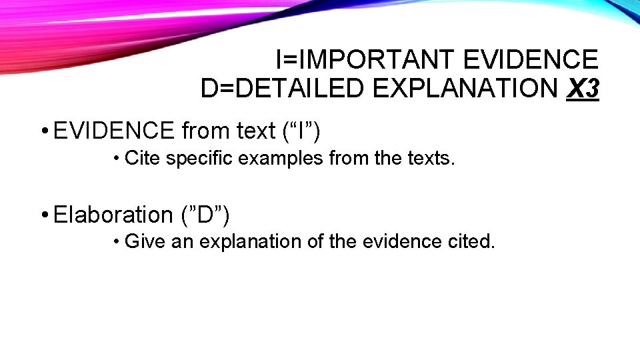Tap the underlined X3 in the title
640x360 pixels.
click(x=582, y=88)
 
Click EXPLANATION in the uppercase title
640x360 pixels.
click(x=465, y=88)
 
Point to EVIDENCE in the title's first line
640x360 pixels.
click(x=530, y=60)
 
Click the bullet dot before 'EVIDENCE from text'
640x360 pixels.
click(x=42, y=131)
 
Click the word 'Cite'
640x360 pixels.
click(x=142, y=158)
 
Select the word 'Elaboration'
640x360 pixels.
click(x=113, y=215)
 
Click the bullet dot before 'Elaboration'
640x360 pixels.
click(x=42, y=215)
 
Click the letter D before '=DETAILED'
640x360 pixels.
click(x=209, y=88)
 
